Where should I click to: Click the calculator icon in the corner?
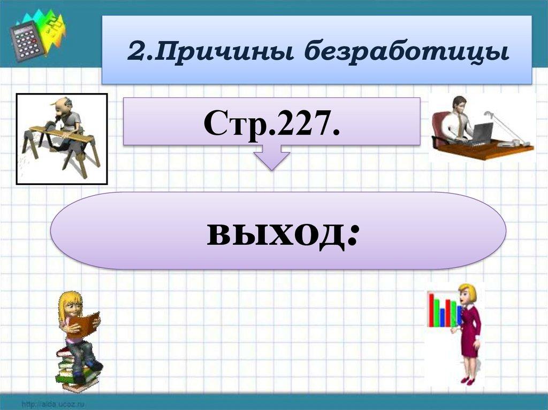point(26,41)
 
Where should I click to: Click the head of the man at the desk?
point(459,103)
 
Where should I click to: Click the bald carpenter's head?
point(63,104)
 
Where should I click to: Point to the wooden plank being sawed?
point(59,132)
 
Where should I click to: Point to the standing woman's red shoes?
point(467,380)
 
